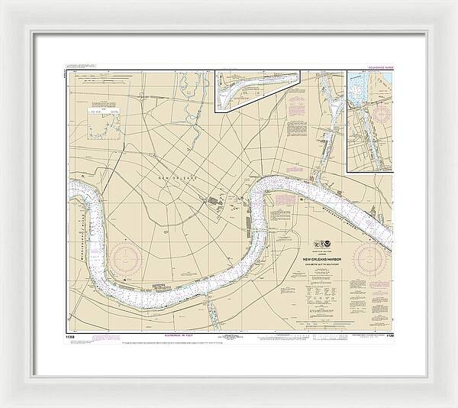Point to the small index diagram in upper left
point(105,123)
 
